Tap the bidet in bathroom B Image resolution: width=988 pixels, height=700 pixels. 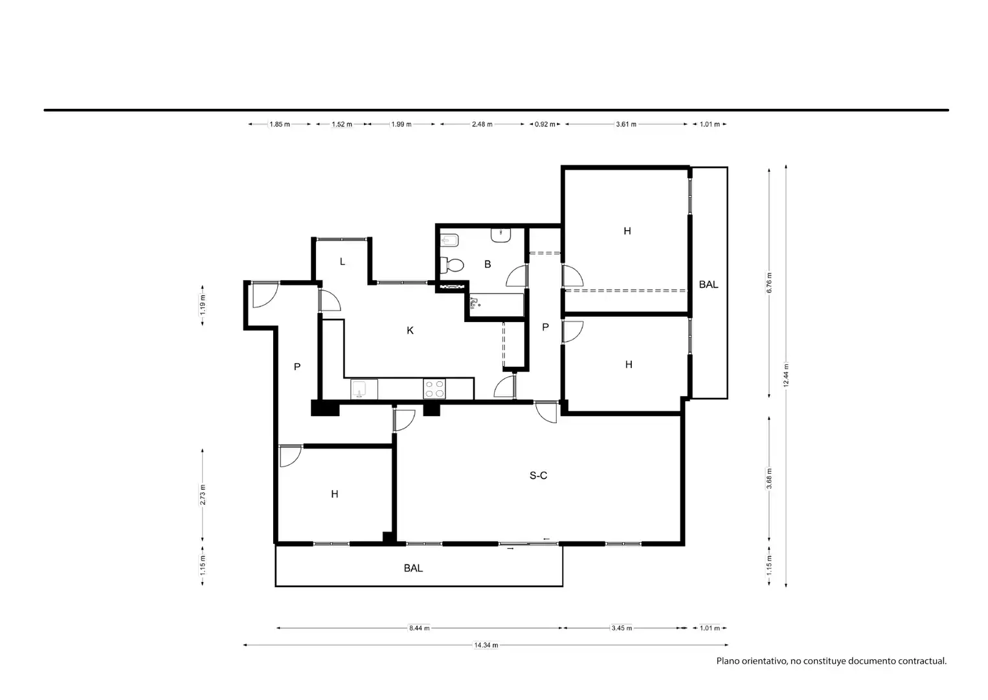pos(450,240)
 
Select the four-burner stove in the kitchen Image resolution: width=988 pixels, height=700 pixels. pos(434,389)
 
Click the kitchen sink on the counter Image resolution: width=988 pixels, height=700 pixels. pos(364,389)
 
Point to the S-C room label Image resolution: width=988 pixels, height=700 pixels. pos(538,475)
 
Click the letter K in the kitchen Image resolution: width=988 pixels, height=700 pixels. pos(410,331)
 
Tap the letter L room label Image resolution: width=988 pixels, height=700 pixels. pos(342,261)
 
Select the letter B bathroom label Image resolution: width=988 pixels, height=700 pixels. pos(488,264)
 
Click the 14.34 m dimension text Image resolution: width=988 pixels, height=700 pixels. pos(486,645)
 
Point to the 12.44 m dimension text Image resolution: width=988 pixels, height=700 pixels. pos(786,375)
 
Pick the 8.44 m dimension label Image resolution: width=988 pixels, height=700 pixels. pos(419,627)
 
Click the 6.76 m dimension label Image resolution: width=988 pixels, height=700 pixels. pos(769,283)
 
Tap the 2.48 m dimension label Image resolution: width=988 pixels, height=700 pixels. pos(482,124)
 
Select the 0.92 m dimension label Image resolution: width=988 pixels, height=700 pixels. pos(545,124)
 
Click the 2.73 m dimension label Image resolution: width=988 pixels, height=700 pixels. pos(203,495)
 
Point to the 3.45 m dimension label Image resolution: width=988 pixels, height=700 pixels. pos(622,627)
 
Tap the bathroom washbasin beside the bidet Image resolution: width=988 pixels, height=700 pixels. pos(500,235)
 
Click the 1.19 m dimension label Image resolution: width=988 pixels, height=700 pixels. pos(203,305)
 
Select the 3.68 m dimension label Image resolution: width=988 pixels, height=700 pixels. pos(769,479)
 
